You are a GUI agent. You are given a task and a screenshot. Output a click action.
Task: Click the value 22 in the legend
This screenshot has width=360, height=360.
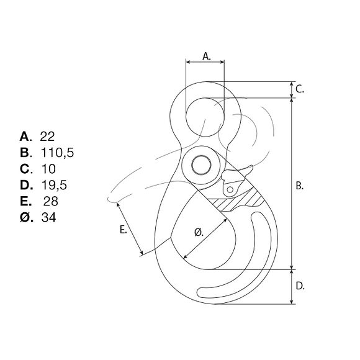47,137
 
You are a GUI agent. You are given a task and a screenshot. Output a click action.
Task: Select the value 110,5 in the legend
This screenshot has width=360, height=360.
57,153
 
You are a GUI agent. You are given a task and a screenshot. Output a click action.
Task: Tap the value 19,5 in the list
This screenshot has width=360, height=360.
54,185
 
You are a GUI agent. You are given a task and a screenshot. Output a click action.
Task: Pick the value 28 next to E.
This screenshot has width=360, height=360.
51,201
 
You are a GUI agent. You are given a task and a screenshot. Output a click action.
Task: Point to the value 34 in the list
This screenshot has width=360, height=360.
48,217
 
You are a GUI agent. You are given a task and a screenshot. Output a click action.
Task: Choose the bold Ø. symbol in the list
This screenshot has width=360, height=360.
27,217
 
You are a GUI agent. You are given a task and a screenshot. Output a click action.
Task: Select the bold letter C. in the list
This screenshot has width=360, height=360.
26,169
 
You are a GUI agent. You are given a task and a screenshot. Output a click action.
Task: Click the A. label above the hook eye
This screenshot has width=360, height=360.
207,56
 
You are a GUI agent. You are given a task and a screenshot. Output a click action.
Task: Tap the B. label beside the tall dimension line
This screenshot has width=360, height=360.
300,186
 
